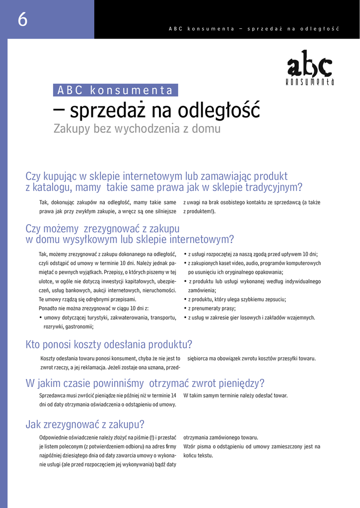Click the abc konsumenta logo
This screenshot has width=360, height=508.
coord(310,68)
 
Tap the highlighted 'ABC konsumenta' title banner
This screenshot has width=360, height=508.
coord(115,90)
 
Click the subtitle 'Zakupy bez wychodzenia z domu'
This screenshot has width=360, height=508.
coord(137,128)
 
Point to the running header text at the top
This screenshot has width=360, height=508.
coord(254,29)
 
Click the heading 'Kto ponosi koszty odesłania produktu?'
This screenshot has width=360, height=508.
coord(109,344)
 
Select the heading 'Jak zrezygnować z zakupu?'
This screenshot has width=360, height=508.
coord(85,424)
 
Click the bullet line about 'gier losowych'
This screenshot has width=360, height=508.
coord(251,317)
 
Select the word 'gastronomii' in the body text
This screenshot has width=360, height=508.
coord(79,327)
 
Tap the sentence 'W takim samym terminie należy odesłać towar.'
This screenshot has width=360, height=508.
coord(235,395)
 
